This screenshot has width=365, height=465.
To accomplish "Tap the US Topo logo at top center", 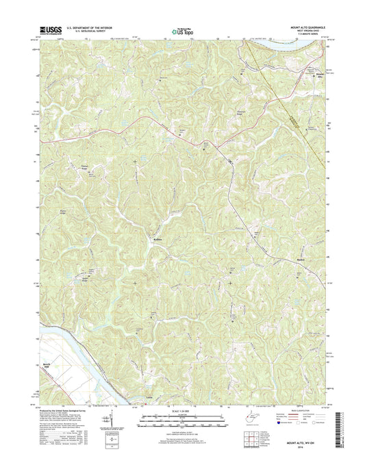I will [x=182, y=30].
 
